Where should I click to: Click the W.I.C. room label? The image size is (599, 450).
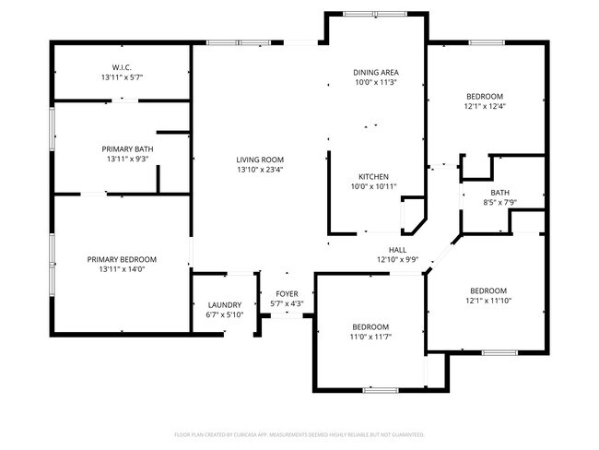click(122, 66)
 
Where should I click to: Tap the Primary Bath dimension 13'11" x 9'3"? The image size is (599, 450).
click(127, 159)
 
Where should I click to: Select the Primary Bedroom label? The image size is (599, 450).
click(122, 259)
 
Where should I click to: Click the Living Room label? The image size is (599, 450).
click(259, 159)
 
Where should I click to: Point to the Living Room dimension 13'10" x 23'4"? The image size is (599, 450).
click(259, 169)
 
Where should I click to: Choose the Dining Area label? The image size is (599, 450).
click(376, 72)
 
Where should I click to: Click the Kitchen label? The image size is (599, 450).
click(373, 176)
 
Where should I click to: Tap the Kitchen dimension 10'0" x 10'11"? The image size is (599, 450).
click(373, 186)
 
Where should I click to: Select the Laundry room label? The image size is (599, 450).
click(224, 304)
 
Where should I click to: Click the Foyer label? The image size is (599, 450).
click(287, 294)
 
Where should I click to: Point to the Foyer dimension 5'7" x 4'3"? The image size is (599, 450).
click(287, 303)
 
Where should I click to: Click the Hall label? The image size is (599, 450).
click(397, 249)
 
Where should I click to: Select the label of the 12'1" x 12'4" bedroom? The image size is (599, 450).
click(485, 96)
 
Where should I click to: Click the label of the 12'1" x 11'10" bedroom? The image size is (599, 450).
click(487, 290)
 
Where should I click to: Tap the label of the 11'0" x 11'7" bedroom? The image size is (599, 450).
click(370, 326)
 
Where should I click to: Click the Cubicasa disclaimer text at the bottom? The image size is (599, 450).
click(299, 433)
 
